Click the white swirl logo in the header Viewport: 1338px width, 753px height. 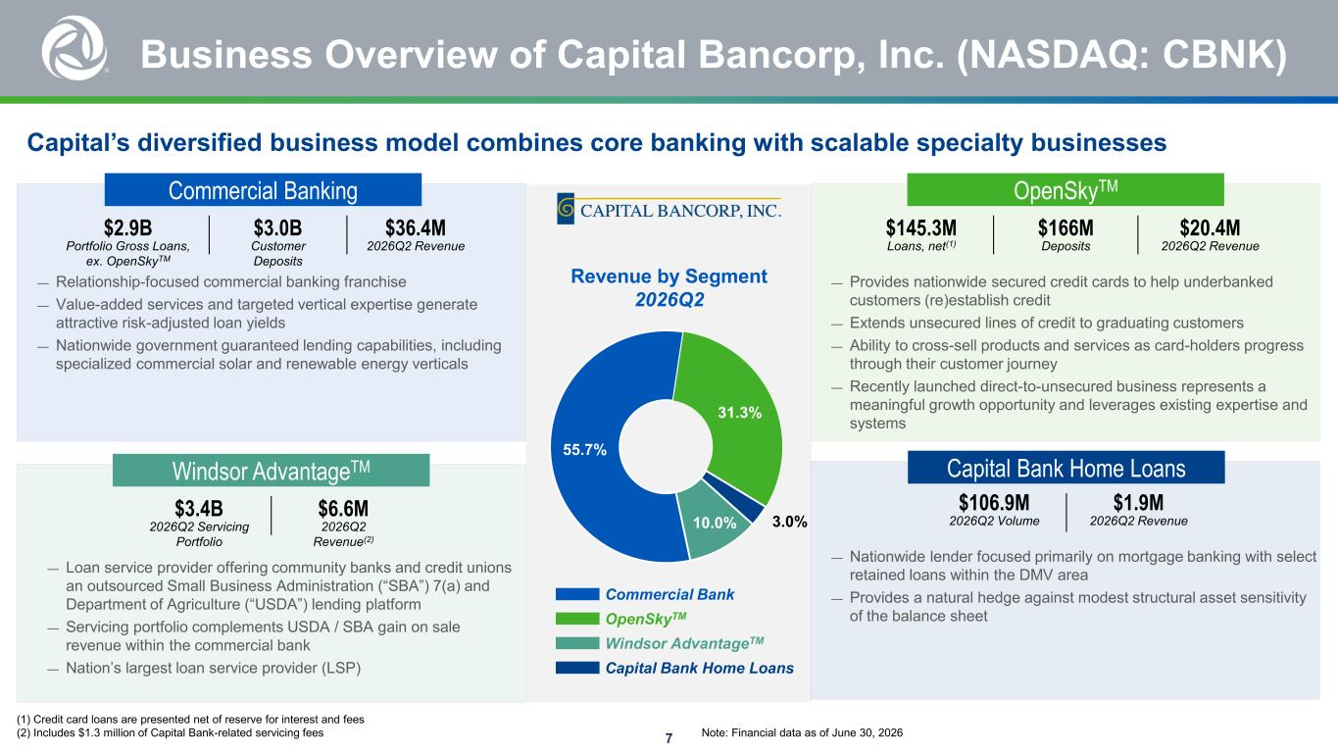coord(74,48)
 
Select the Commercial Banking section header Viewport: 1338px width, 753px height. coord(263,190)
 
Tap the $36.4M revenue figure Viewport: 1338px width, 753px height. coord(416,227)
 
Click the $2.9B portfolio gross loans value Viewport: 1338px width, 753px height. coord(127,227)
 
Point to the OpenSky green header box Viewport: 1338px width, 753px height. coord(1065,190)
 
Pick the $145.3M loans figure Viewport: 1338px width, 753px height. coord(921,227)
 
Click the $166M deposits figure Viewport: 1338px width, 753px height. coord(1065,227)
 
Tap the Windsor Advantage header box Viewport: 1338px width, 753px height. coord(271,471)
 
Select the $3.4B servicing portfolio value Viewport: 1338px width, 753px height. coord(199,509)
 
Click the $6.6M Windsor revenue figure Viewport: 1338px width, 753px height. coord(343,509)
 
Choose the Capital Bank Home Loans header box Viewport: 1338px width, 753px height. coord(1066,468)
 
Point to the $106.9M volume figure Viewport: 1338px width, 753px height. coord(994,502)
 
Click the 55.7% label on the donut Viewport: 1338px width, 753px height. coord(585,449)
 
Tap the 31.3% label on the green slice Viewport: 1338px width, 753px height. coord(739,413)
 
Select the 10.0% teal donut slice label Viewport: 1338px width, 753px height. coord(715,523)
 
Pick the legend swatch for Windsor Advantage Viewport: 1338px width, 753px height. coord(577,643)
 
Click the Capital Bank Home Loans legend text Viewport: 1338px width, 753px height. coord(700,668)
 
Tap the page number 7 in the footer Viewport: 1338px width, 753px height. coord(669,738)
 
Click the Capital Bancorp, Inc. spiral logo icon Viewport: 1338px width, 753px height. coord(565,209)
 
